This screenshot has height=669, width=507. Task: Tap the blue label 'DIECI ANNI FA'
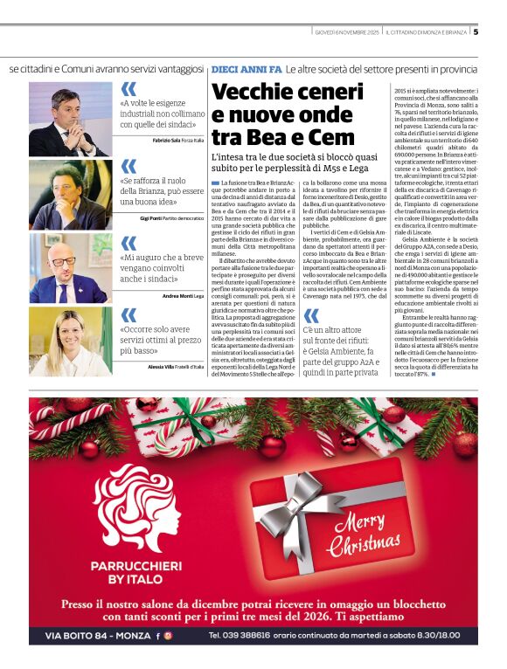247,68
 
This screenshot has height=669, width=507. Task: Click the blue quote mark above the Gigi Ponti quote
128,166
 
